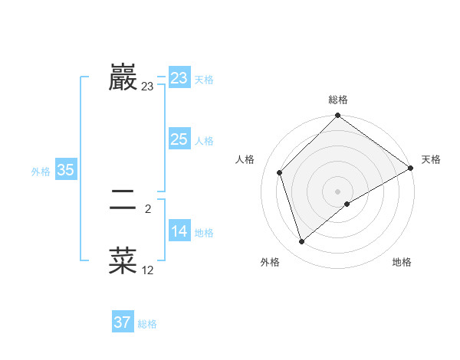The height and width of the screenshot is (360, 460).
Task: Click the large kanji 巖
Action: click(x=123, y=79)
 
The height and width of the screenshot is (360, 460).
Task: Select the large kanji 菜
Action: click(x=123, y=260)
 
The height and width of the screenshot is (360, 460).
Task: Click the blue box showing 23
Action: click(x=179, y=79)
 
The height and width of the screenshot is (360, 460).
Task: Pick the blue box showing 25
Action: click(x=179, y=140)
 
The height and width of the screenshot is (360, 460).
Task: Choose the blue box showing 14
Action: click(x=179, y=232)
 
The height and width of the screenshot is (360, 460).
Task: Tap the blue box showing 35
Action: click(x=65, y=171)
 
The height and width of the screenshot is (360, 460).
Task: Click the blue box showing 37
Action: click(x=123, y=322)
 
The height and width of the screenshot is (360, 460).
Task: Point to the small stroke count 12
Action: click(x=147, y=270)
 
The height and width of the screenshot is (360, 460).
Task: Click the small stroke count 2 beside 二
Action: click(x=147, y=208)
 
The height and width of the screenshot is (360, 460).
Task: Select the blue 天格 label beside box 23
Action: click(x=204, y=80)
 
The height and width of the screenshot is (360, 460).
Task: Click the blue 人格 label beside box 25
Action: click(x=204, y=141)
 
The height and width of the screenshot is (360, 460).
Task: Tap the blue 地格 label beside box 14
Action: click(x=204, y=233)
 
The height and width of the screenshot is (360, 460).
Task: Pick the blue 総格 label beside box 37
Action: click(x=147, y=324)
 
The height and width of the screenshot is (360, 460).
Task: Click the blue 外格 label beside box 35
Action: click(x=41, y=172)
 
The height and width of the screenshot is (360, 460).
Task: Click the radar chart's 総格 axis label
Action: click(x=338, y=100)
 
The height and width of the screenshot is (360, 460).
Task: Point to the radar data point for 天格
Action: click(x=411, y=169)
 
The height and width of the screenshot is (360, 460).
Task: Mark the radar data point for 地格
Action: click(x=347, y=204)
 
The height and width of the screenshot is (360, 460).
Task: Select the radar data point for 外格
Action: click(x=301, y=242)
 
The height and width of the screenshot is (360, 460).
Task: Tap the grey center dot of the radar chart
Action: click(x=338, y=191)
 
